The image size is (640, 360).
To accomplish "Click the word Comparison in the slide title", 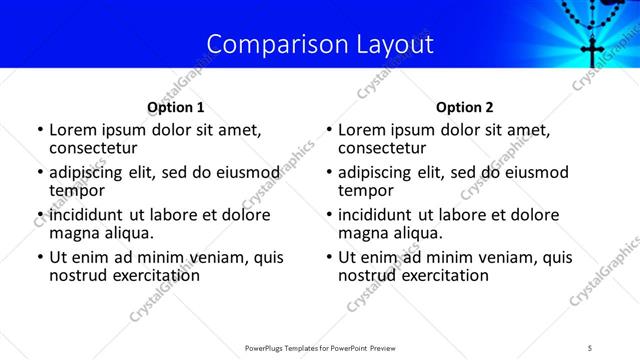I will [268, 44].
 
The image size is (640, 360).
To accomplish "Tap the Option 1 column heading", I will [175, 107].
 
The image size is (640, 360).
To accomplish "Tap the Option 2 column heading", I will [465, 107].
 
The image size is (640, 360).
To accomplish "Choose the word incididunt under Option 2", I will [381, 215].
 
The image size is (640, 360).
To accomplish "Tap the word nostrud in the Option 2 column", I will [367, 275].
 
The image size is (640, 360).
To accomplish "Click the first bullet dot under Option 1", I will [39, 131].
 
